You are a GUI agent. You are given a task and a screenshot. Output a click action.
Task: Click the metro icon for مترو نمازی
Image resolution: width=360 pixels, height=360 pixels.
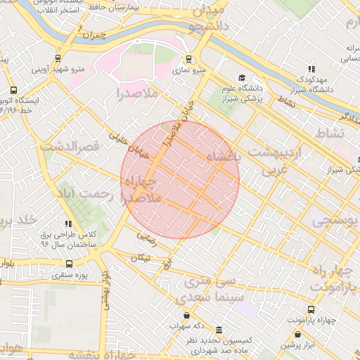188,59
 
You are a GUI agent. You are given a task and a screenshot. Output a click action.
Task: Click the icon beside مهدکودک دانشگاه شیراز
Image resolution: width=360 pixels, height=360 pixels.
311,69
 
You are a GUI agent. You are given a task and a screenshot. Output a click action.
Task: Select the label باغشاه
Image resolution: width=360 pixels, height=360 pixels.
223,155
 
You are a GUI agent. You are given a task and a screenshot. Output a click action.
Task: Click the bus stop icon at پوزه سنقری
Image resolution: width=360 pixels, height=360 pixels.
68,264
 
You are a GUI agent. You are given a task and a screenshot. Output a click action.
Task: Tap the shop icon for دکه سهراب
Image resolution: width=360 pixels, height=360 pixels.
186,315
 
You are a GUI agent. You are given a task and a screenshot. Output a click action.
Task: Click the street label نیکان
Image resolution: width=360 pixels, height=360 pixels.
138,257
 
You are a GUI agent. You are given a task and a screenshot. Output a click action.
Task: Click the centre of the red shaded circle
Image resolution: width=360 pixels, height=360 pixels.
180,179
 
